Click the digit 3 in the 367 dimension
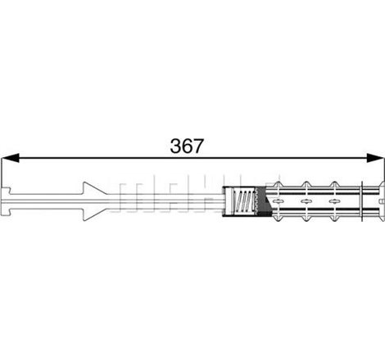tap(176, 146)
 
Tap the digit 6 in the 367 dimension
tap(187, 146)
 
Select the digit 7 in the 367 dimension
tap(198, 146)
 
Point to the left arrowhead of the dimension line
tap(10, 158)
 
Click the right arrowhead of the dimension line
tap(375, 158)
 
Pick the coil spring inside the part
tap(242, 201)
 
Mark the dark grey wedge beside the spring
tap(264, 201)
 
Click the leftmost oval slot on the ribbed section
tap(277, 201)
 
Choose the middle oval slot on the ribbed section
tap(306, 201)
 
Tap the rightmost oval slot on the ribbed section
tap(334, 201)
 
